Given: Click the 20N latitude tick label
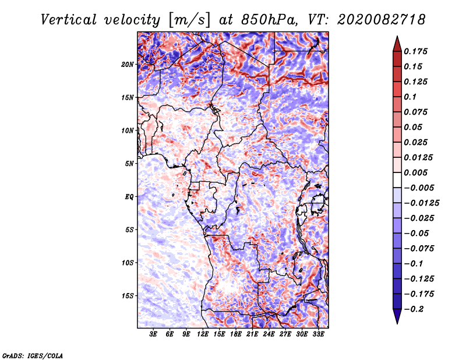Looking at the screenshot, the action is tap(128, 65).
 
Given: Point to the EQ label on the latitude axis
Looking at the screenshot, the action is tap(129, 197).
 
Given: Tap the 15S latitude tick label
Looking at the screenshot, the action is tap(128, 296).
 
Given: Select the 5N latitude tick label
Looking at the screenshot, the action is tap(129, 164).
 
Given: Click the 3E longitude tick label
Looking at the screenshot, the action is tap(153, 334).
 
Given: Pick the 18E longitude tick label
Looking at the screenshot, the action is tap(236, 334).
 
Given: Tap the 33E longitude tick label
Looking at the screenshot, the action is tap(318, 334).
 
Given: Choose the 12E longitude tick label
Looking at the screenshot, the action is tap(203, 334).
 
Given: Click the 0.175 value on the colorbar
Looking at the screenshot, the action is tap(415, 51).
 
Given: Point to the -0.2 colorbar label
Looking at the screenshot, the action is tap(414, 309).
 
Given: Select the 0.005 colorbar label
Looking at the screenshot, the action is tap(415, 172).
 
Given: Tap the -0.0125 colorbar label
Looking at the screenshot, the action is tap(421, 203).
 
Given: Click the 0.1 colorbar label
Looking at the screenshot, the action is tap(410, 97).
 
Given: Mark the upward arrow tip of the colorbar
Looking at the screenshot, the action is tap(397, 36).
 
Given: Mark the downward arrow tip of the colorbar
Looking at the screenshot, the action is tap(397, 324).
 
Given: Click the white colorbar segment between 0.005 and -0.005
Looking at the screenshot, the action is tap(397, 180).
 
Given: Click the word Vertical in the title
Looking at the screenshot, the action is tap(69, 20).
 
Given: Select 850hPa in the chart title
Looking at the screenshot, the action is tap(269, 20).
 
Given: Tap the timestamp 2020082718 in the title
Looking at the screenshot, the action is tap(382, 20).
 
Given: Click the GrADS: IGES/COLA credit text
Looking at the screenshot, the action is tap(33, 355).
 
